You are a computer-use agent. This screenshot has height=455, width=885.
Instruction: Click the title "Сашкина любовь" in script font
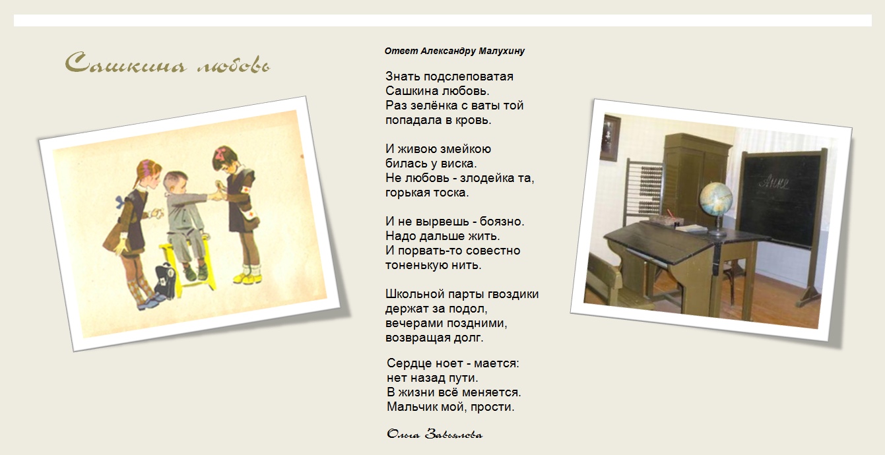click(168, 63)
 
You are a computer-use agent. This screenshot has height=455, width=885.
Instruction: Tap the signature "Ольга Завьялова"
click(435, 434)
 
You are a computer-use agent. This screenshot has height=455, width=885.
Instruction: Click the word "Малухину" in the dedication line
click(502, 51)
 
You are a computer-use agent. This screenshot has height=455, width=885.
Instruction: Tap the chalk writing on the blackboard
click(773, 182)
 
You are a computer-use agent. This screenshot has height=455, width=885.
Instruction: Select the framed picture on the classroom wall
click(610, 138)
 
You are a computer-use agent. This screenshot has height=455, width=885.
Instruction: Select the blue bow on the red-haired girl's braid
click(120, 202)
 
